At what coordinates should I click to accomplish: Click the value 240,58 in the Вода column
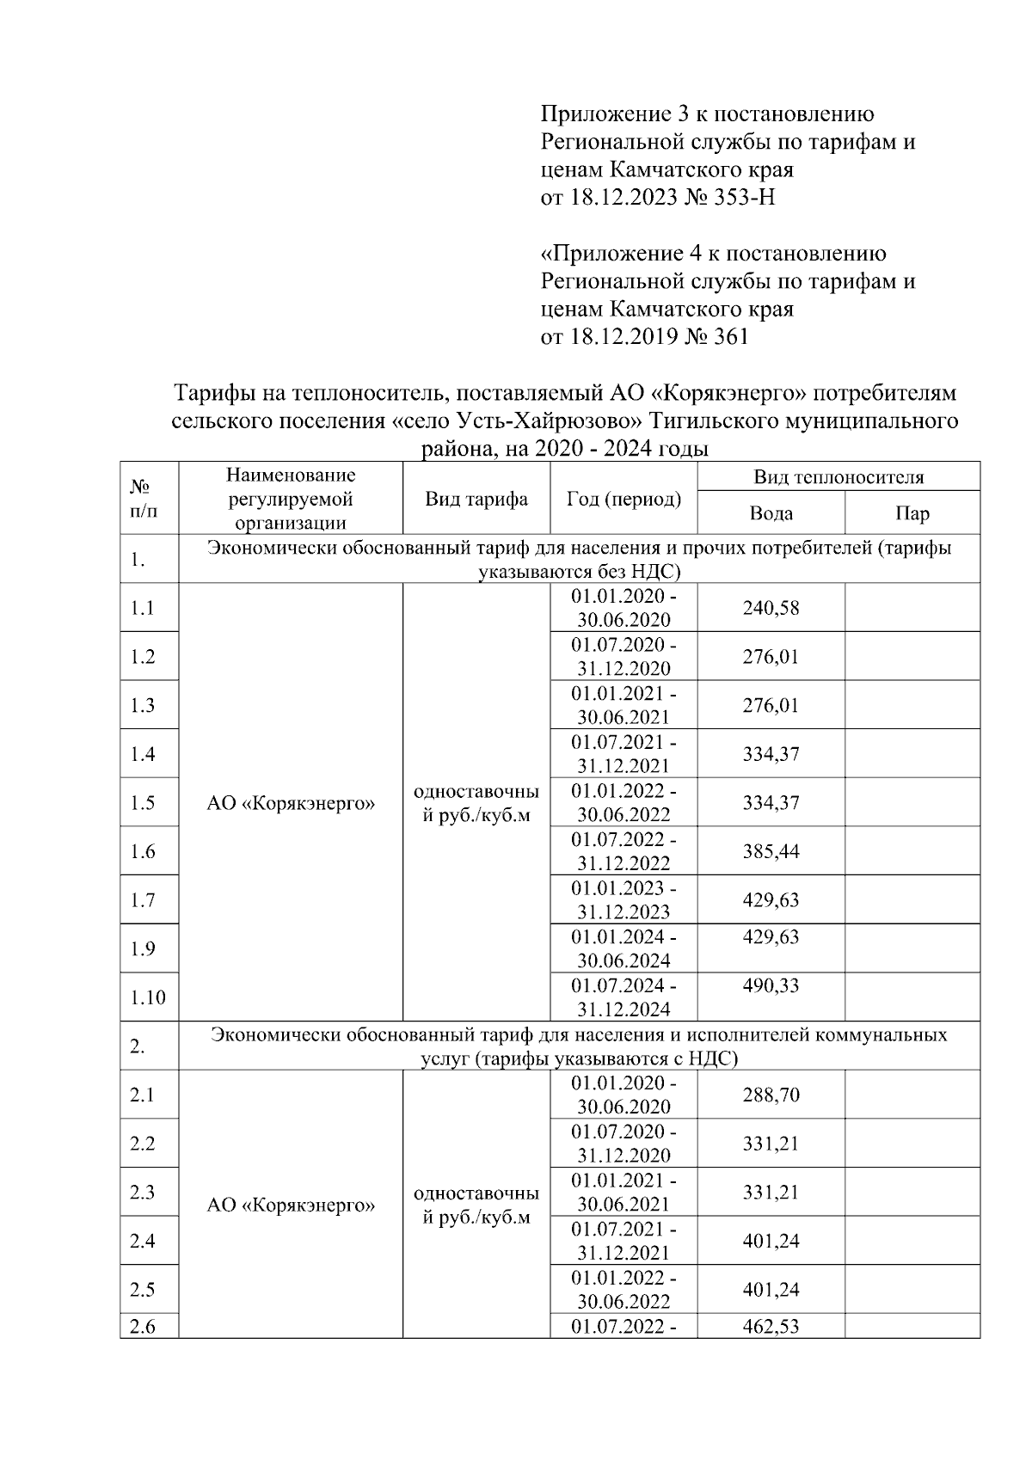click(771, 608)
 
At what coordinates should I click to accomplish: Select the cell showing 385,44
click(771, 851)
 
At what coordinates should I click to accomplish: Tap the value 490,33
click(771, 985)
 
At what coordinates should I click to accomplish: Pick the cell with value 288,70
click(771, 1095)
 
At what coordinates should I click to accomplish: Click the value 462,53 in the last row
click(771, 1327)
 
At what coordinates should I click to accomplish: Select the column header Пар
click(912, 513)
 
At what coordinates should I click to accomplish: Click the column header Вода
click(771, 513)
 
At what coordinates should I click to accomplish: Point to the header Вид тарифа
click(476, 499)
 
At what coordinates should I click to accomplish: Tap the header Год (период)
click(623, 499)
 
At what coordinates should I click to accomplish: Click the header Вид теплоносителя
click(838, 477)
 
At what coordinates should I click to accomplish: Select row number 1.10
click(148, 997)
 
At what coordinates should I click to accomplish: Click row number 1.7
click(143, 900)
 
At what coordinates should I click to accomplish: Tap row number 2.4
click(143, 1241)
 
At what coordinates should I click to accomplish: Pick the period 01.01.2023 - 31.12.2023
click(623, 899)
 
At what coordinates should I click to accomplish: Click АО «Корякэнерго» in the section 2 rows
click(291, 1205)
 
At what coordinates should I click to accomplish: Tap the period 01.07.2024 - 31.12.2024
click(623, 997)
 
